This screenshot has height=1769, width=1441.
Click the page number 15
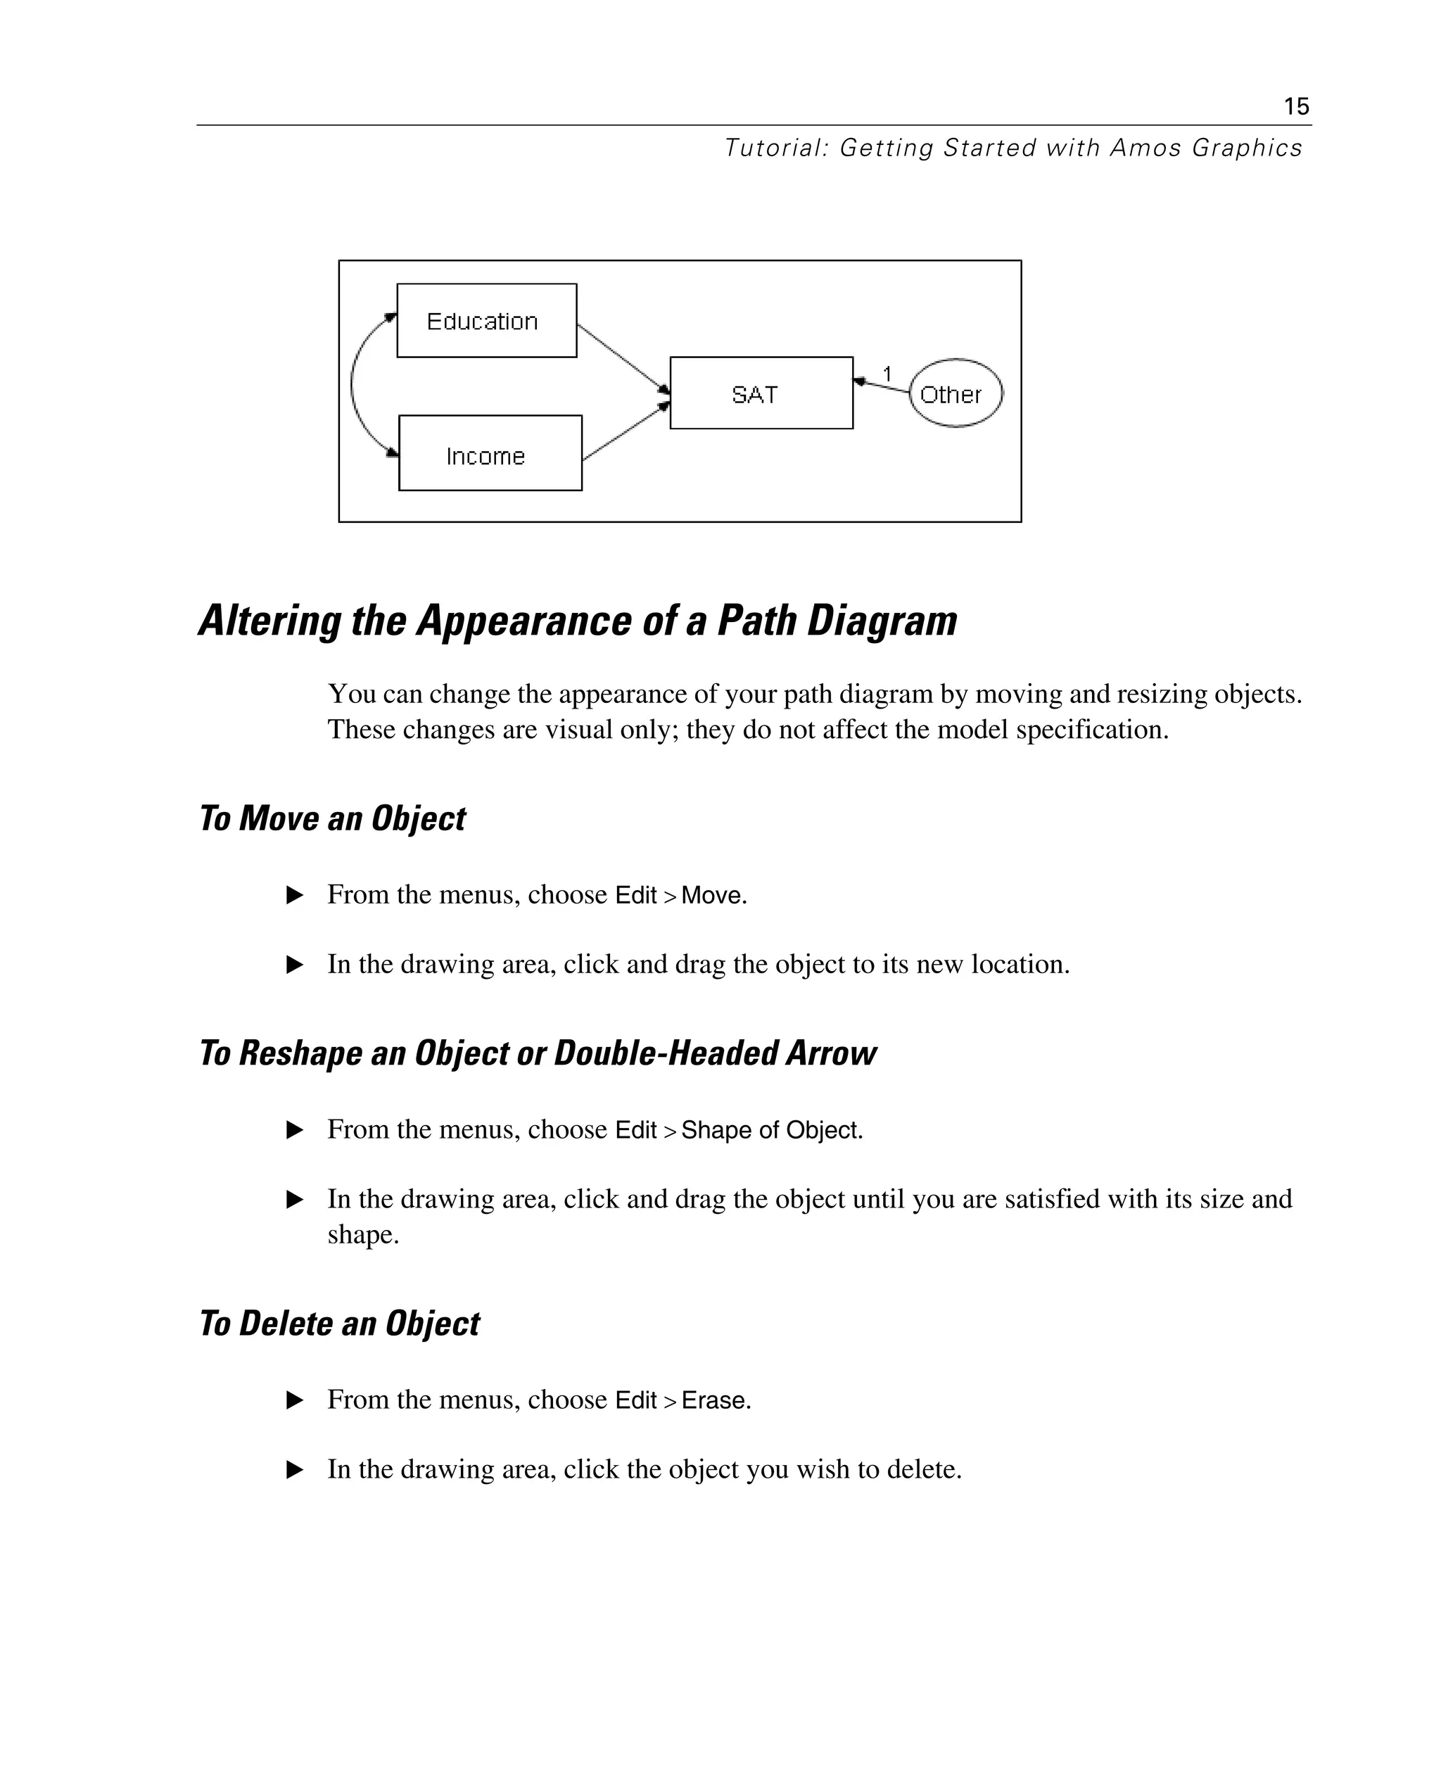tap(1296, 106)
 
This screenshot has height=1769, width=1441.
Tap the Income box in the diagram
tap(490, 453)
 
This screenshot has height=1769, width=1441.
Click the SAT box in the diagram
tap(761, 393)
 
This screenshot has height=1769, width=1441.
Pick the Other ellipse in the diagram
tap(956, 393)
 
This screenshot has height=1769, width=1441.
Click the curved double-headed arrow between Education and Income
tap(353, 384)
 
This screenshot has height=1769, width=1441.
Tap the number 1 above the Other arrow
tap(887, 374)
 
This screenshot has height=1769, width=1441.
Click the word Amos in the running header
tap(1145, 148)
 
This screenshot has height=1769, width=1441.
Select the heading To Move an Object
tap(332, 818)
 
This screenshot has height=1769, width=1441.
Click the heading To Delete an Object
tap(340, 1323)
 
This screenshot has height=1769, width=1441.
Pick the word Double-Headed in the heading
tap(666, 1053)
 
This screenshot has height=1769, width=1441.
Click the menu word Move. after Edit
tap(714, 896)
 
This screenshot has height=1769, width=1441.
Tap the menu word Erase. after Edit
tap(716, 1400)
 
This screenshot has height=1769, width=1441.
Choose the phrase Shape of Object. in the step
tap(772, 1131)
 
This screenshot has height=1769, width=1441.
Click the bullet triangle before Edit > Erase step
tap(294, 1400)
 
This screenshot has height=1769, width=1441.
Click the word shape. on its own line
tap(363, 1235)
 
